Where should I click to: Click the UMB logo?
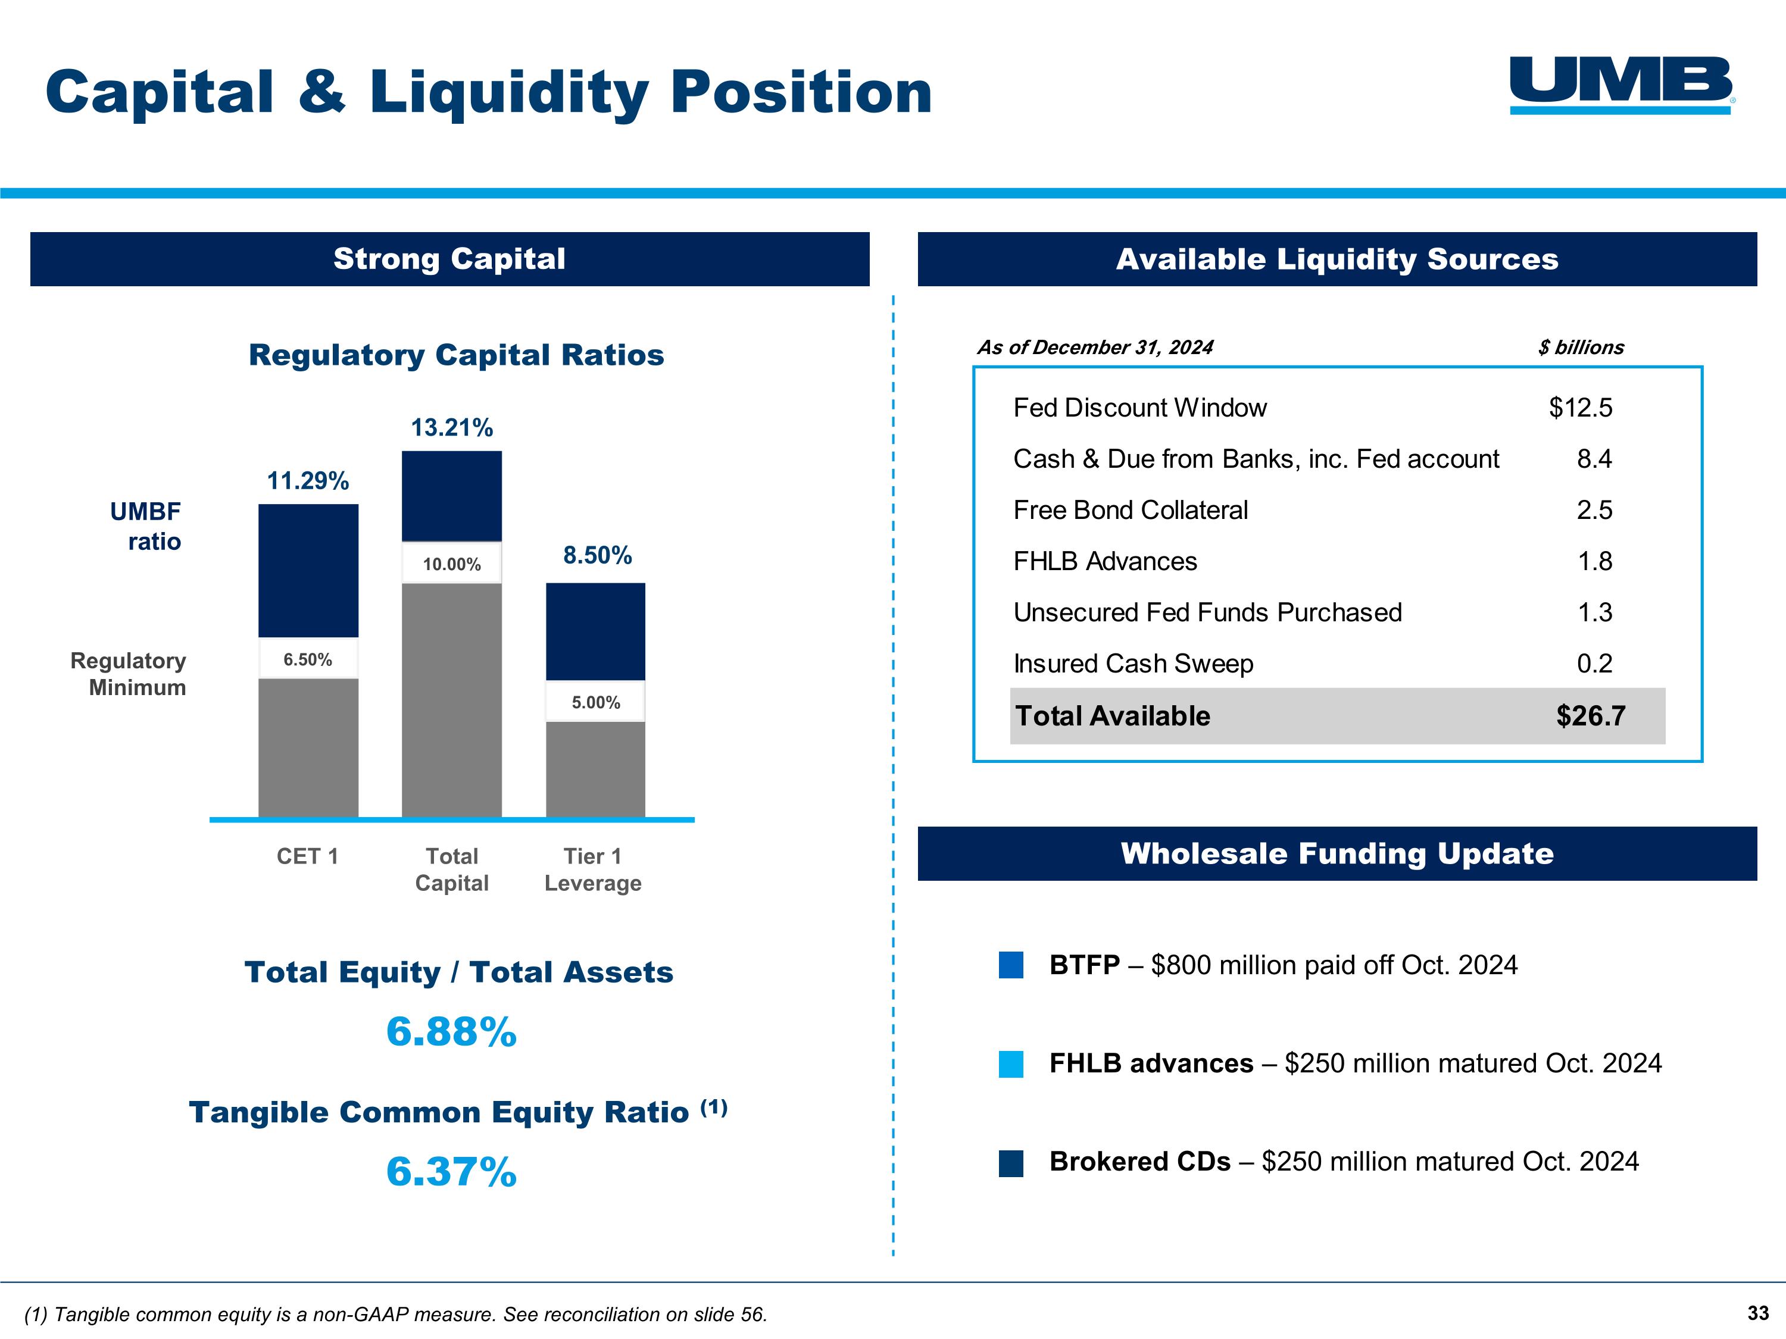(1620, 84)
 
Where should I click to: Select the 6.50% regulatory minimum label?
(308, 659)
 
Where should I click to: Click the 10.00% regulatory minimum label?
(451, 564)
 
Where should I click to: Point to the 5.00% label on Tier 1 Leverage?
(596, 702)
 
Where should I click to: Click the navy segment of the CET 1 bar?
(308, 570)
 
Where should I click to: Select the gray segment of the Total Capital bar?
(451, 699)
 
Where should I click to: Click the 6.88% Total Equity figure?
(451, 1031)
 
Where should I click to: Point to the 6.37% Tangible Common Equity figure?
(451, 1171)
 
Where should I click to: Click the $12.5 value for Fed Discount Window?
(1579, 408)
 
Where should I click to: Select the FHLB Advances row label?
(1104, 561)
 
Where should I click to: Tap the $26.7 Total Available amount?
(1590, 716)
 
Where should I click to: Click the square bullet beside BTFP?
(1011, 965)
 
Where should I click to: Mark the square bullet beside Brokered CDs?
(1011, 1163)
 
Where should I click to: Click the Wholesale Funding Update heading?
(1337, 853)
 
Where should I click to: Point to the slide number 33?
(1758, 1313)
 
